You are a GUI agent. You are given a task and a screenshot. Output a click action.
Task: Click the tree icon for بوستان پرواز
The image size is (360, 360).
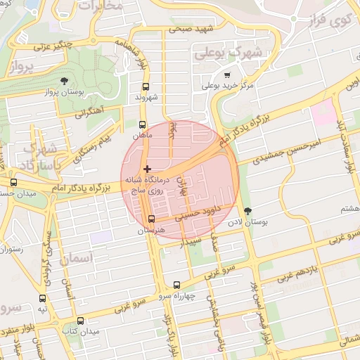click(x=65, y=81)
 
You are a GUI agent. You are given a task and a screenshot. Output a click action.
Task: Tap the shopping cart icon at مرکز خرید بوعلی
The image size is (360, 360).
click(x=226, y=75)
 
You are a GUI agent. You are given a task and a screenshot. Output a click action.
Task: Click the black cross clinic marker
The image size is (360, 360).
click(x=147, y=169)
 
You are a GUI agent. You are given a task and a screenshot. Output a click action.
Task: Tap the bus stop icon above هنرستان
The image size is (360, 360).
click(x=151, y=219)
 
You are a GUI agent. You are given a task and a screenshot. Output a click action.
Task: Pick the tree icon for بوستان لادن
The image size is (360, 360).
click(x=247, y=210)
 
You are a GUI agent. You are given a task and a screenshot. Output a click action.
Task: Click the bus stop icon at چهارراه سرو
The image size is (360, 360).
click(x=176, y=285)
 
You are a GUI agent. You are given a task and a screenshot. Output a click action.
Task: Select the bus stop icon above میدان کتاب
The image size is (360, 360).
click(x=79, y=320)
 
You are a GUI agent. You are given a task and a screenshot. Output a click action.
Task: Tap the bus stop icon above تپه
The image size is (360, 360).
click(x=43, y=298)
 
